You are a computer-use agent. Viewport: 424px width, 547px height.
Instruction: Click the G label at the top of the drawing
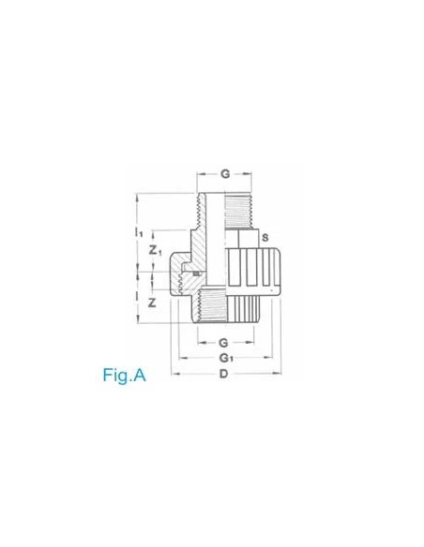[225, 173]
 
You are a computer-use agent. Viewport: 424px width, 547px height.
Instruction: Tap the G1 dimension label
[225, 358]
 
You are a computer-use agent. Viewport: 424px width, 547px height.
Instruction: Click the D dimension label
[223, 375]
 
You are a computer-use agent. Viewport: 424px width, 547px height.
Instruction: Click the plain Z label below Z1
[153, 303]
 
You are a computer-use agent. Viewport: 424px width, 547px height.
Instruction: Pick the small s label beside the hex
[265, 237]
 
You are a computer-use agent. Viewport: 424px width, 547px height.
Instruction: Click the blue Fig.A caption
[125, 376]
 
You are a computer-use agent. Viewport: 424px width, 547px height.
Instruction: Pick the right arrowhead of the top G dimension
[250, 173]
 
